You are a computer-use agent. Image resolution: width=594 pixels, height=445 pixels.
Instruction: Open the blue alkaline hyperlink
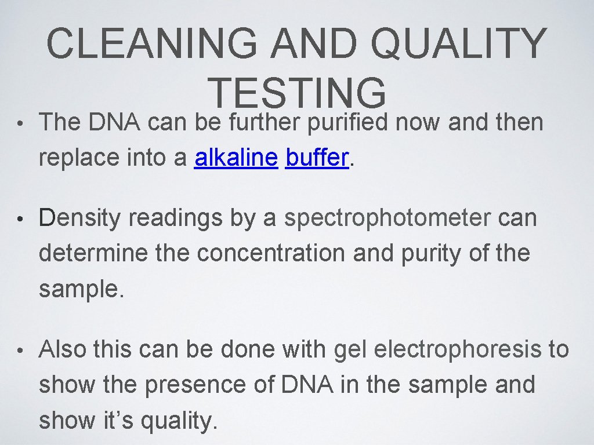pos(236,157)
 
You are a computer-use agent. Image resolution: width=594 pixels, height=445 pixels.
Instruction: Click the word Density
pos(80,218)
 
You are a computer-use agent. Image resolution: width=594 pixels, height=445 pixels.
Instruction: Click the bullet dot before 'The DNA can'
pos(20,123)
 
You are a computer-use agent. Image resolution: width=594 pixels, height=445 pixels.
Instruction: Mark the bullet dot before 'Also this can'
pos(20,351)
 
